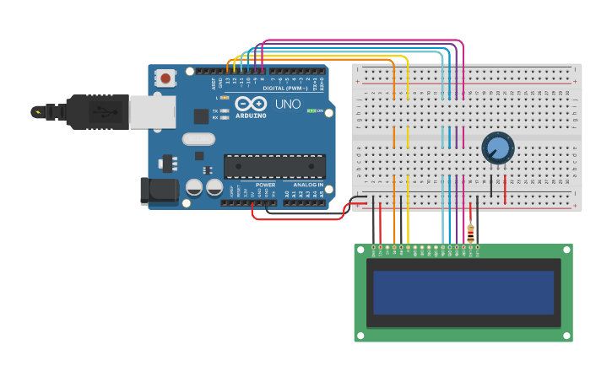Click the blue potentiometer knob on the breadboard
(498, 148)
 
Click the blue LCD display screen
(463, 292)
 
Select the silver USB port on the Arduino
(153, 111)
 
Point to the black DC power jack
(159, 191)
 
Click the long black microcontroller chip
(274, 166)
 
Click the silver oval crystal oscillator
(198, 139)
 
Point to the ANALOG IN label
(308, 185)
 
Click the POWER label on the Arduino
(265, 185)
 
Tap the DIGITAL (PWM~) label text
(286, 88)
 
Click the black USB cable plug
(89, 111)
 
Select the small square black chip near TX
(202, 116)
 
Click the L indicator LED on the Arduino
(225, 98)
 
